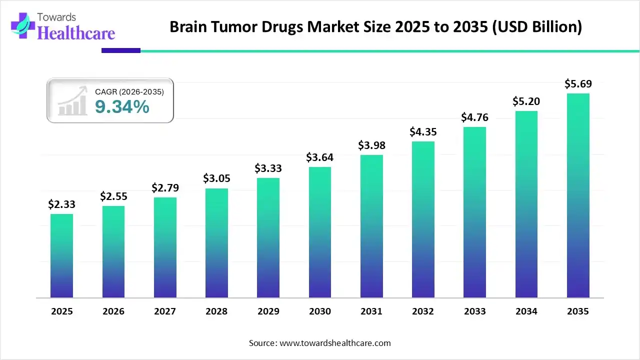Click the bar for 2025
(61, 256)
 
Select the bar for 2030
(320, 232)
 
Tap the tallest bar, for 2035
(578, 195)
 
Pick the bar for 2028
(216, 243)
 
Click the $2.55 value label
(113, 196)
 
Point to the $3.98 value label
(371, 145)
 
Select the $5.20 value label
(526, 101)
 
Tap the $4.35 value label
(423, 132)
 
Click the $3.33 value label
(268, 168)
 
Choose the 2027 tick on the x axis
(165, 311)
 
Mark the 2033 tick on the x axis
(474, 311)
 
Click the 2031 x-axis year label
(371, 311)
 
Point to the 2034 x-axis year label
(526, 311)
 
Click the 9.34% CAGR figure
(122, 106)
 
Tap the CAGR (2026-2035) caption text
(129, 91)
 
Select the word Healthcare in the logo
(76, 33)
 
